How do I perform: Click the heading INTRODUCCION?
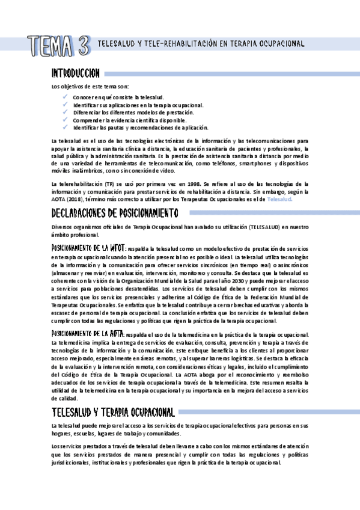(x=76, y=73)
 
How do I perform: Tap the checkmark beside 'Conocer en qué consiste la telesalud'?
(x=65, y=96)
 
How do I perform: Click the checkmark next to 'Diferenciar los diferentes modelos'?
(x=65, y=112)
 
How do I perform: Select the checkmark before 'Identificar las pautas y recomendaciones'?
(x=65, y=127)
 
